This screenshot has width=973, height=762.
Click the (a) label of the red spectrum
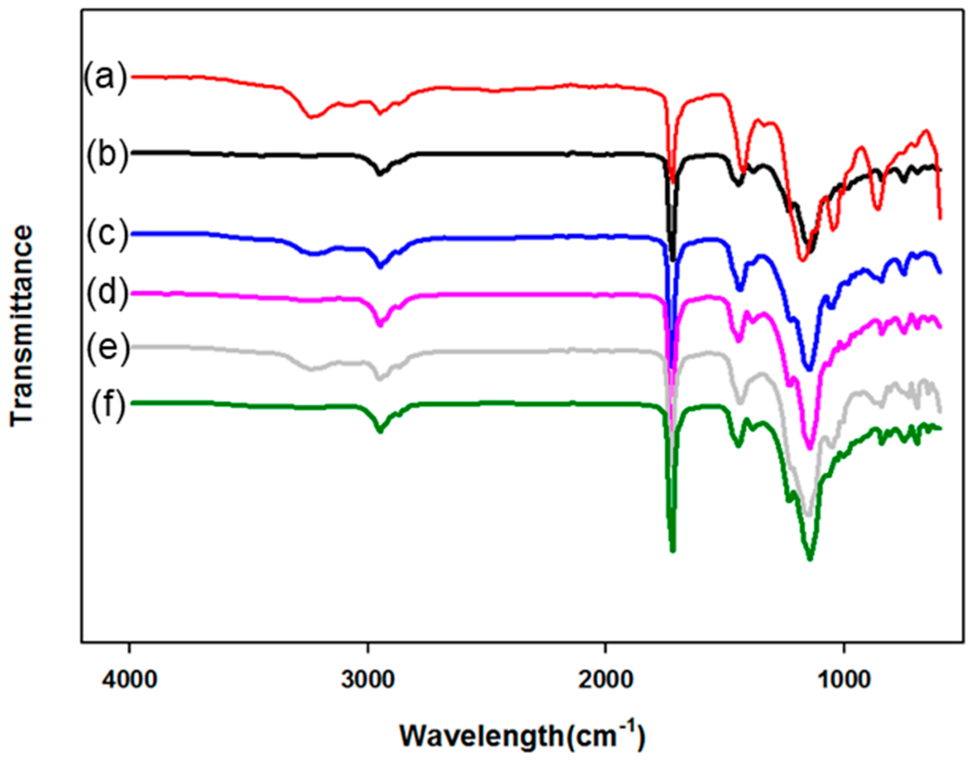click(x=105, y=78)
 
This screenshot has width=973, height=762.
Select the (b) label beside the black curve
click(x=107, y=156)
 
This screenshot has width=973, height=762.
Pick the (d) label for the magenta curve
click(x=107, y=294)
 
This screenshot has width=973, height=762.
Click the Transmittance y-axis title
click(x=22, y=326)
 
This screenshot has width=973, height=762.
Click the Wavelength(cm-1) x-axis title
click(x=522, y=735)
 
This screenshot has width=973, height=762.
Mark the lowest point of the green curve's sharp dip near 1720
click(x=672, y=550)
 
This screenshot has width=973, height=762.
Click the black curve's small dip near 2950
click(x=380, y=174)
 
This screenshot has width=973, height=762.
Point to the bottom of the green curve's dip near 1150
click(x=809, y=559)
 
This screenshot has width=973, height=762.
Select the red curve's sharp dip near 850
click(x=878, y=208)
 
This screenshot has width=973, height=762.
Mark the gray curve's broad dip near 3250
click(x=312, y=369)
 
